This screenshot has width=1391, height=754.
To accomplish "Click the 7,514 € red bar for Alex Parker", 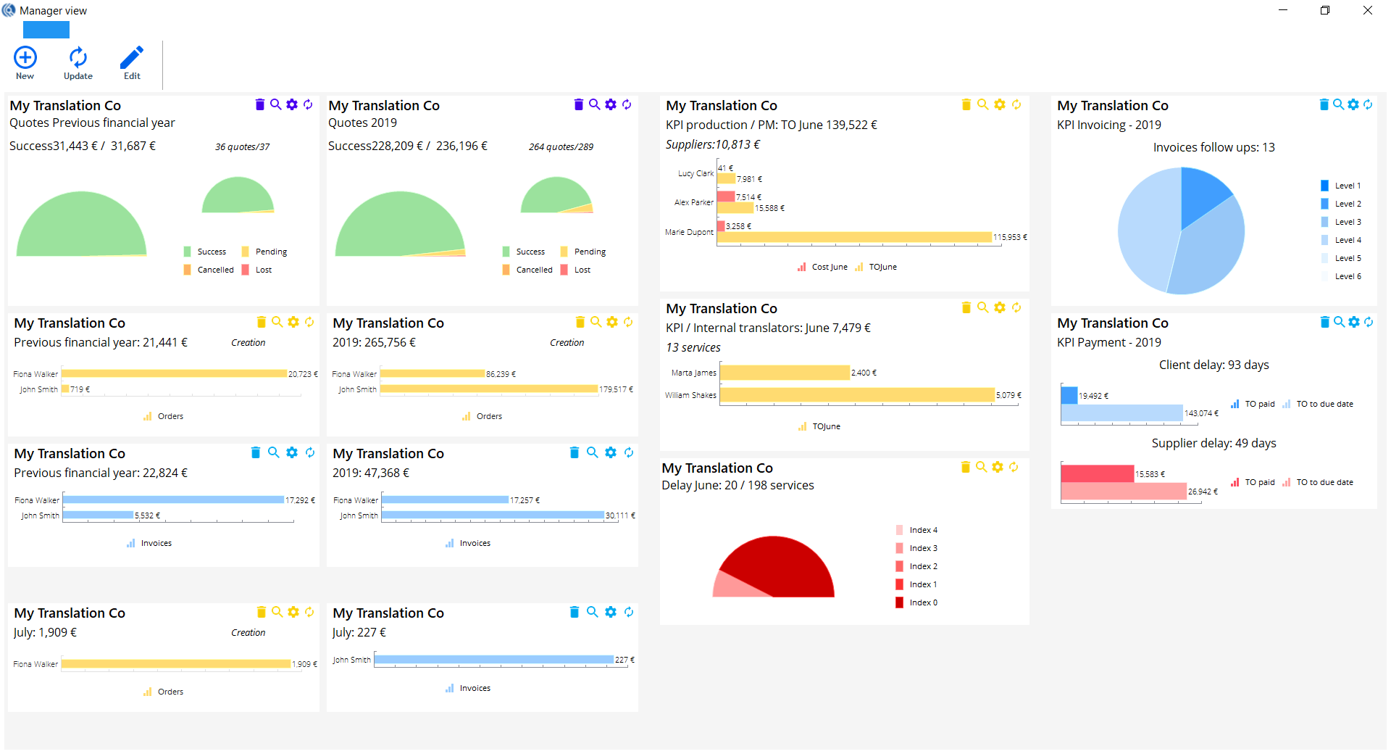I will (726, 196).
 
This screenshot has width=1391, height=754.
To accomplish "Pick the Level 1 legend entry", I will (1340, 186).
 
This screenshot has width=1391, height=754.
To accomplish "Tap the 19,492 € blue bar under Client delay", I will (1069, 395).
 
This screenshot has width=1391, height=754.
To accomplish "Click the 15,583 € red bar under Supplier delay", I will (1097, 473).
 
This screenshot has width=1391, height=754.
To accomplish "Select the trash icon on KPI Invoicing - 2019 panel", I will (1324, 104).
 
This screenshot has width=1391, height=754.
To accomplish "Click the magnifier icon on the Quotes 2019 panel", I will (595, 104).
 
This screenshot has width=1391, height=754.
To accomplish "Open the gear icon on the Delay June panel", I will (998, 467).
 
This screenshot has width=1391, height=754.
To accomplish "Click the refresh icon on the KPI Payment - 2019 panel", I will (1369, 322).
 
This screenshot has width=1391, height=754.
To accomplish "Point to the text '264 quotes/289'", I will (561, 147).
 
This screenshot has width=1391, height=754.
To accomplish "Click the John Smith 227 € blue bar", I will (493, 660).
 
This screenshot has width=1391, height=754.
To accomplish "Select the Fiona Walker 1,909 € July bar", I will (176, 663).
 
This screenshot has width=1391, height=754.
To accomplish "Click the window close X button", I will (1367, 10).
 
